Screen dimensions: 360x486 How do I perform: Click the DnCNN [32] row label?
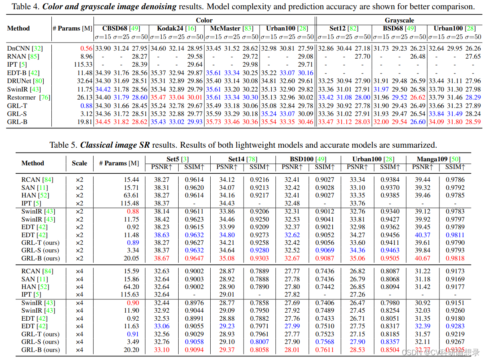24,48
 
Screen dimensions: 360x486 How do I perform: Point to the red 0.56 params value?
86,48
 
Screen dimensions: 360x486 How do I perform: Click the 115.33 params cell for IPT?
83,65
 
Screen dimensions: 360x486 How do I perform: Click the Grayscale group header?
399,20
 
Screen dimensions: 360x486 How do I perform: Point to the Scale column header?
79,163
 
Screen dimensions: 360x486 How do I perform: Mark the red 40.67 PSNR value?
422,258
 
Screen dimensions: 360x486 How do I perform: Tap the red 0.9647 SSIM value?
194,258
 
